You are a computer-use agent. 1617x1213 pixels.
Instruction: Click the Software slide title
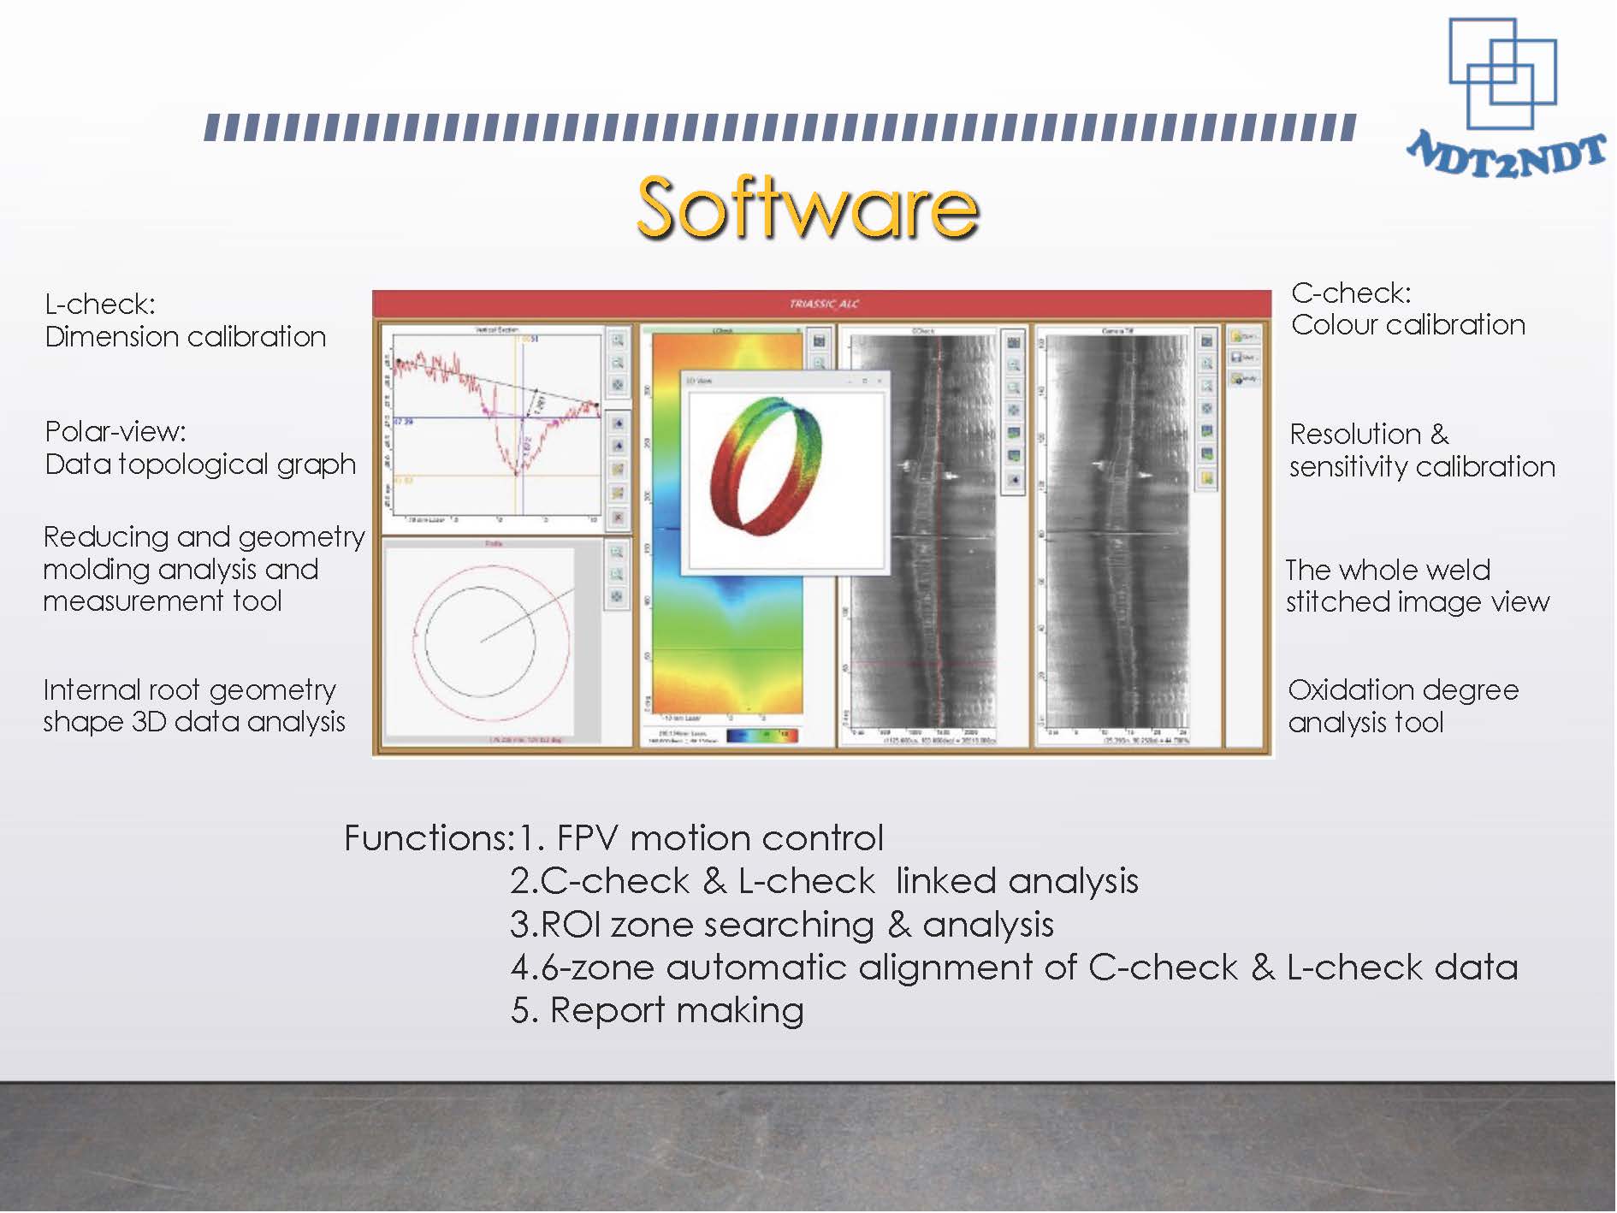point(808,208)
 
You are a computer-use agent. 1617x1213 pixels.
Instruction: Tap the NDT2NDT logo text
point(1507,156)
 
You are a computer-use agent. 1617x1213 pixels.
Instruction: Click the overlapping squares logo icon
point(1502,74)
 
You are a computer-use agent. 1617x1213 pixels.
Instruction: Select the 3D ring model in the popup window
point(767,466)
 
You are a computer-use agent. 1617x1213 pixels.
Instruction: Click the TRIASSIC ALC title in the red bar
point(823,304)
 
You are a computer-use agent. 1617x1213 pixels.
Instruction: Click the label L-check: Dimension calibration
point(185,321)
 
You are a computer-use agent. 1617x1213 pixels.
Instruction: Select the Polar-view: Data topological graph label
point(199,447)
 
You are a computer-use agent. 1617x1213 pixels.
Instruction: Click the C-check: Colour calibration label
point(1407,309)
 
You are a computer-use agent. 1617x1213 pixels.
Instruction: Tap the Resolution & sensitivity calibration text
point(1421,450)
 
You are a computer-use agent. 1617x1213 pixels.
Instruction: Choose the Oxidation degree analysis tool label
point(1402,706)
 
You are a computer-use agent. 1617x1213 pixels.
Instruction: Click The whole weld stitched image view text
point(1417,586)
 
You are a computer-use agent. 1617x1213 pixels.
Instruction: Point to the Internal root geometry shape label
point(193,706)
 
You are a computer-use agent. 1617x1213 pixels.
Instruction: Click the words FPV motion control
point(719,838)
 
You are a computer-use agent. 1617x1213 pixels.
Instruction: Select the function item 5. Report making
point(657,1010)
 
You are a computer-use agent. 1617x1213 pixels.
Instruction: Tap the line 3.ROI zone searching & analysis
point(781,925)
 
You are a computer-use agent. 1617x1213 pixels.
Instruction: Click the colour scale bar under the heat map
point(761,735)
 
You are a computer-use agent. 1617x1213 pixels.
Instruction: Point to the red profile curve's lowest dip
point(517,470)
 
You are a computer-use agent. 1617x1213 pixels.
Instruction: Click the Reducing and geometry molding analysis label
point(204,569)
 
